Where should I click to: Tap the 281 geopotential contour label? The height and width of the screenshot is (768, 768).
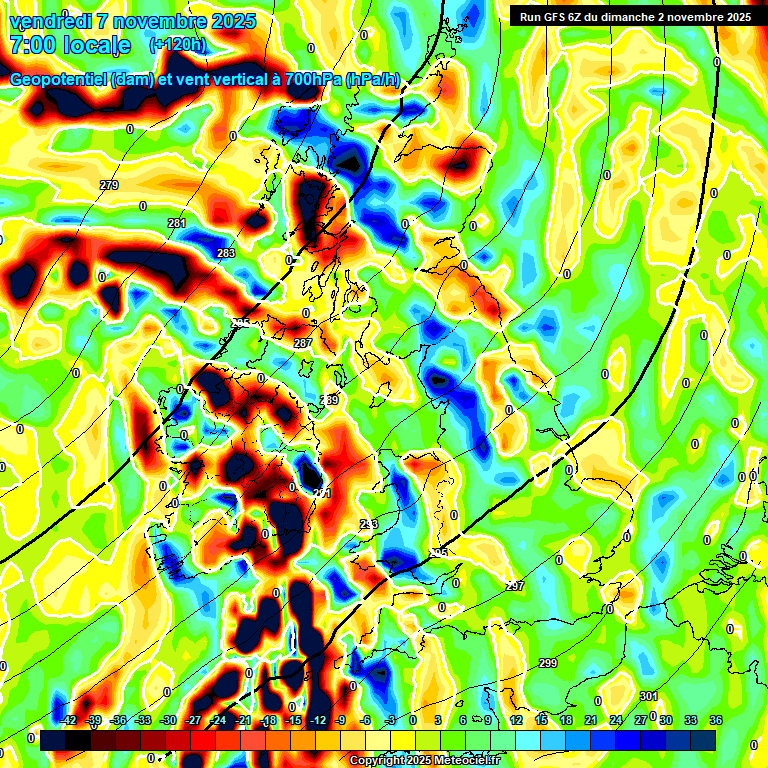177,223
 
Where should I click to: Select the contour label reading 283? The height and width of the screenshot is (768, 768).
226,254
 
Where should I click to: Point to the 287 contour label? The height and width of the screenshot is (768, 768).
303,344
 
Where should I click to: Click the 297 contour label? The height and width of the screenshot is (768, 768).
515,586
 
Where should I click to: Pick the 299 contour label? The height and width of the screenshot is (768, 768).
548,664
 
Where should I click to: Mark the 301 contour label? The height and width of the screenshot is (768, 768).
649,696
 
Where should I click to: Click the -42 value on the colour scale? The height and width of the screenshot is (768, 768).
68,720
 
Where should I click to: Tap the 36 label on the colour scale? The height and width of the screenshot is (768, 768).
716,720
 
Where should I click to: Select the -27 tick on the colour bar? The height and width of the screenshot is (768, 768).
193,720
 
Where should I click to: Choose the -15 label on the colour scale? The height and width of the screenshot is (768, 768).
293,720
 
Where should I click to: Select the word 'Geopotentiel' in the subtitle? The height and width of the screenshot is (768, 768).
60,80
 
